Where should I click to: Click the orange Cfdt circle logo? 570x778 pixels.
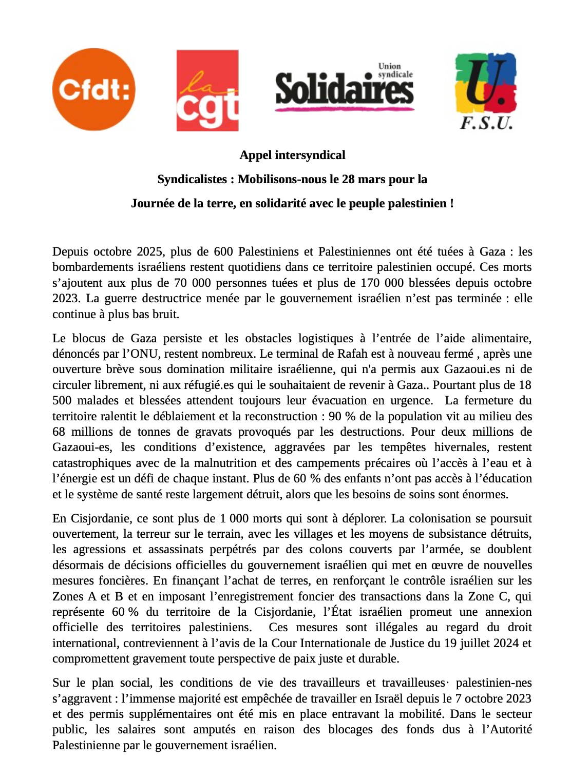point(93,89)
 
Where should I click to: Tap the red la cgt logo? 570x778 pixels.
point(207,90)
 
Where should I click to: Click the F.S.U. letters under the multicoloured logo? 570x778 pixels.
point(486,123)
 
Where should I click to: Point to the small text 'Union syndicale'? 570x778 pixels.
point(395,70)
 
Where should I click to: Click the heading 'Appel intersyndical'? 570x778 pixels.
point(292,155)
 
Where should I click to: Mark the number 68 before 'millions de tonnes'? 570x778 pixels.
point(59,432)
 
